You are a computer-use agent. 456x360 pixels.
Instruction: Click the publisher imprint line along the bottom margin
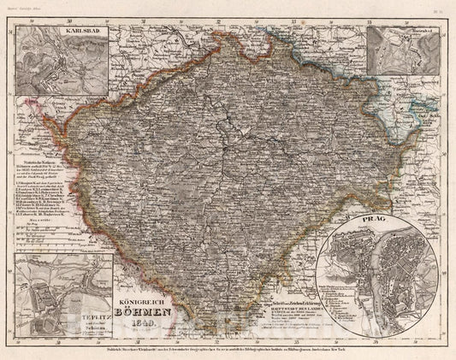coord(228,350)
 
